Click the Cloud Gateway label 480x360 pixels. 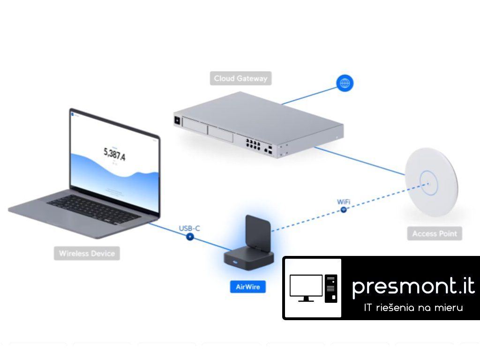[x=240, y=78]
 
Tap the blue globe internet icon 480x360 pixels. [x=345, y=83]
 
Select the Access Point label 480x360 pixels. [x=434, y=233]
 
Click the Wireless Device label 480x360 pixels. [x=87, y=254]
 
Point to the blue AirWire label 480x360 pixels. [x=247, y=286]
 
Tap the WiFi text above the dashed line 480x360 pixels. [x=344, y=202]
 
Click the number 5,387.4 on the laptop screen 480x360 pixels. [x=114, y=153]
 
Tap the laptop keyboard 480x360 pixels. [x=94, y=209]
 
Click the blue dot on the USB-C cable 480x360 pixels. [x=190, y=237]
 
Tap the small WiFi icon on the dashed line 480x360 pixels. [x=344, y=210]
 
